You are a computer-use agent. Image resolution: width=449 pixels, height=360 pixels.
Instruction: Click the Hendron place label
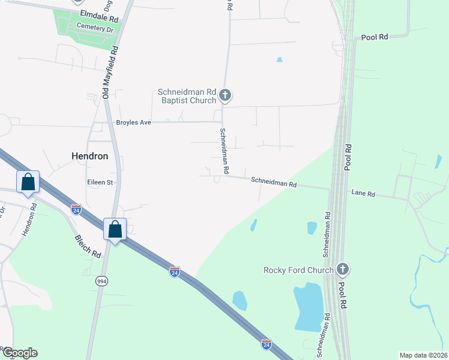(90, 156)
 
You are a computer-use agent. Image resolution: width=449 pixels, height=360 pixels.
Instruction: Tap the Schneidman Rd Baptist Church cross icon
(225, 95)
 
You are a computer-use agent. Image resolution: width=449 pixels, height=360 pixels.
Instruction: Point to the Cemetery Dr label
(94, 28)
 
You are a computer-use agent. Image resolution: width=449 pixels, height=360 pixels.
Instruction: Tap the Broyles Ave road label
(133, 122)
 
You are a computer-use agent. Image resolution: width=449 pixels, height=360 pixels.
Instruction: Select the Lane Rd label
(363, 194)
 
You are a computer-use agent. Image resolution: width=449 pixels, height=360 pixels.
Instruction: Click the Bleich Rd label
(88, 247)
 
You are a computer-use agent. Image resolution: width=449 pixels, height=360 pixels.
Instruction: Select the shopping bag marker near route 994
(115, 229)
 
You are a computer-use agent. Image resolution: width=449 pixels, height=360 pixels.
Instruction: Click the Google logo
(20, 353)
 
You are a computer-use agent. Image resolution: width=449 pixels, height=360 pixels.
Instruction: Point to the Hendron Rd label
(28, 220)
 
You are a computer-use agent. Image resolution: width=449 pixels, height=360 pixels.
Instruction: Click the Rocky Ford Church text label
(298, 270)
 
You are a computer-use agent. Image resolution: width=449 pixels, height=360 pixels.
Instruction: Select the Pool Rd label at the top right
(375, 37)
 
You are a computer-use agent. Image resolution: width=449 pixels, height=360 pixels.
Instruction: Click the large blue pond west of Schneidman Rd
(308, 308)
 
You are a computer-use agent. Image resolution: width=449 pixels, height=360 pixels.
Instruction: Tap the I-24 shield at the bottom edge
(267, 344)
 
